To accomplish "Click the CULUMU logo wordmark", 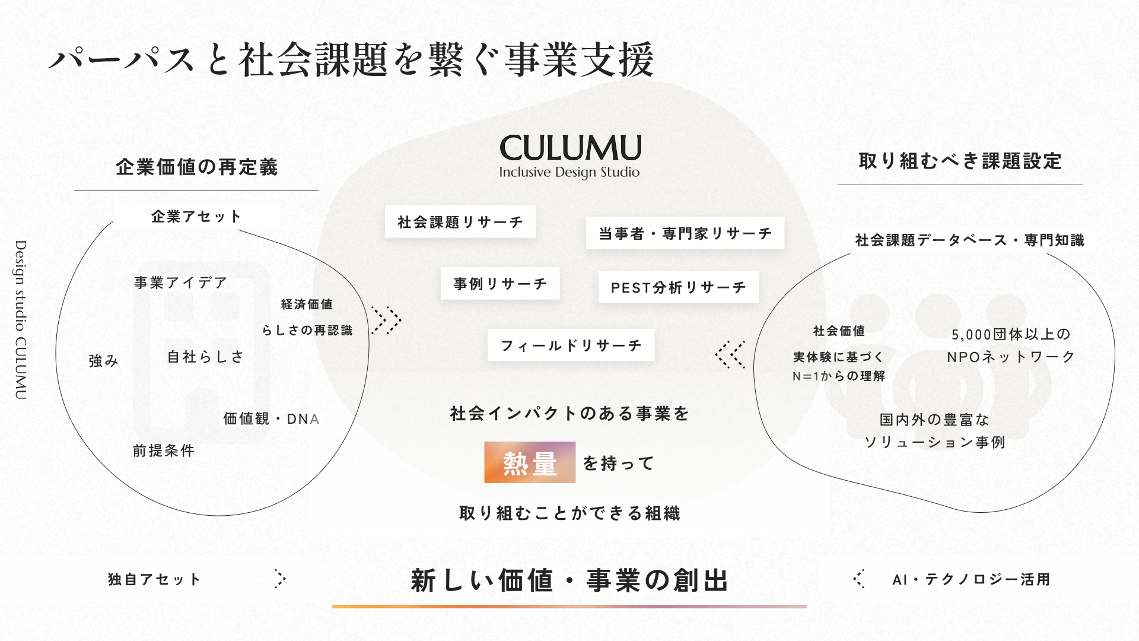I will click(x=570, y=148).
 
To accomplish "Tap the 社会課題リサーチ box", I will click(x=460, y=222).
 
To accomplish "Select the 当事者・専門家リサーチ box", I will click(x=685, y=233).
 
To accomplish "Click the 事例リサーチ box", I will click(x=500, y=284).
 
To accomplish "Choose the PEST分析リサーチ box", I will click(x=679, y=287).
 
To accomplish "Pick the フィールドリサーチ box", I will click(x=571, y=345).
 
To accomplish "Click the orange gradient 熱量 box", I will click(x=530, y=462).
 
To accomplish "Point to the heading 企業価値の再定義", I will click(x=197, y=167).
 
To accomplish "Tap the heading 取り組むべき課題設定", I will click(x=960, y=161).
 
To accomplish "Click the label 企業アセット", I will click(x=196, y=216).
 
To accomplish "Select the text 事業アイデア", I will click(x=181, y=283).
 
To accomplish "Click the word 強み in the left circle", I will click(x=104, y=361).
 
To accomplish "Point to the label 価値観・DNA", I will click(x=271, y=419).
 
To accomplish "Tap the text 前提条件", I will click(x=164, y=451).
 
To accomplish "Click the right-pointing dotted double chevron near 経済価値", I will click(x=386, y=320).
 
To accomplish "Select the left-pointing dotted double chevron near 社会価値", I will click(x=730, y=354).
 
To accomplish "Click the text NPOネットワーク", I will click(x=1011, y=357).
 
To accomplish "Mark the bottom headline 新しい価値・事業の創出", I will click(x=569, y=580).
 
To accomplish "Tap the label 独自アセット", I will click(x=154, y=579).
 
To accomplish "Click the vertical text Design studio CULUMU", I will click(x=21, y=320).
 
